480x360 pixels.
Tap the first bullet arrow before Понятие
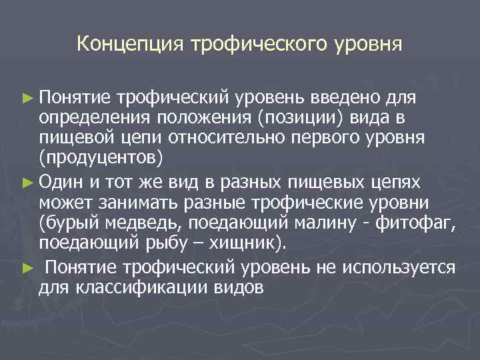point(26,99)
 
